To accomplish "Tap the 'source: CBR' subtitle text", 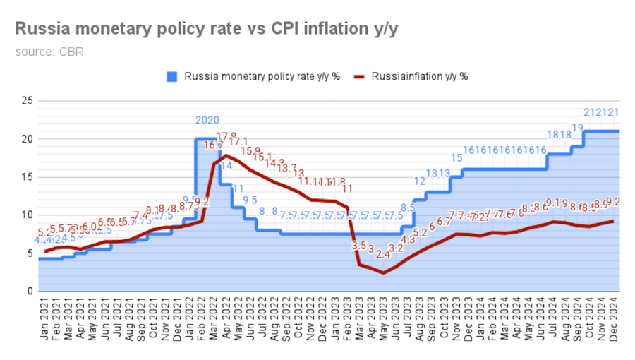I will tap(49, 52).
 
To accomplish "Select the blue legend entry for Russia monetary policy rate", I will tap(253, 76).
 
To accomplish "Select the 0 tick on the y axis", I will tap(30, 291).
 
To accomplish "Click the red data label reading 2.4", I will tap(383, 254).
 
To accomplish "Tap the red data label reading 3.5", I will tap(359, 246).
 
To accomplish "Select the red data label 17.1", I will tap(238, 142).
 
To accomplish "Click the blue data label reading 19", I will tap(577, 128).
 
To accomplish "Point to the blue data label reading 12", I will tap(420, 181).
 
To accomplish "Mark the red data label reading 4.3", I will tap(408, 240).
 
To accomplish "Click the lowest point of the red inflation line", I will tap(383, 272).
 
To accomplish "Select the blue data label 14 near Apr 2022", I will tap(226, 166).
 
